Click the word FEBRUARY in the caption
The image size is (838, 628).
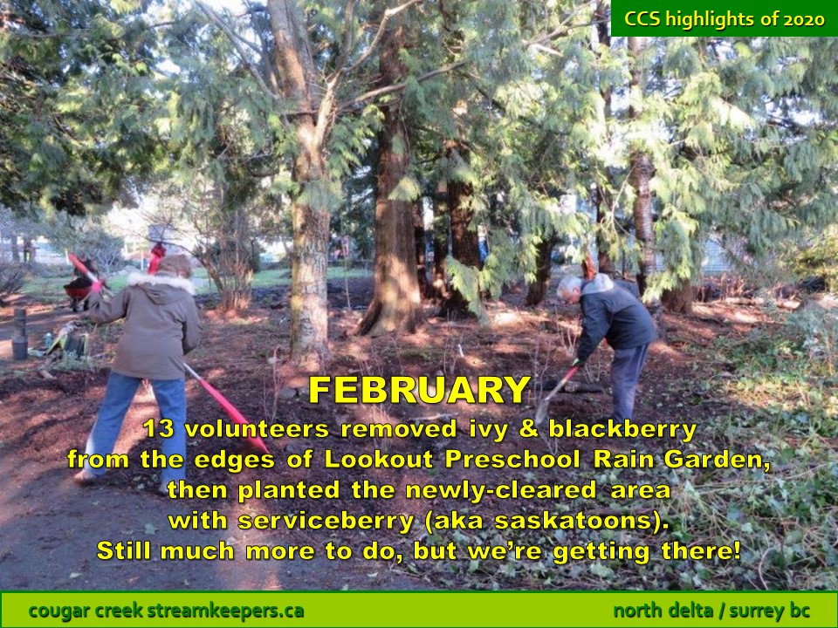(x=420, y=390)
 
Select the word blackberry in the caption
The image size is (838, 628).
(x=622, y=429)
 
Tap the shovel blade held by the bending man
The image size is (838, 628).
(x=541, y=411)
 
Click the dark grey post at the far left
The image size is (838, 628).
(x=20, y=334)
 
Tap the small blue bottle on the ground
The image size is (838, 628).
(x=48, y=340)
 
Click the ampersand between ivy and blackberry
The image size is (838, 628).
(x=528, y=429)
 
